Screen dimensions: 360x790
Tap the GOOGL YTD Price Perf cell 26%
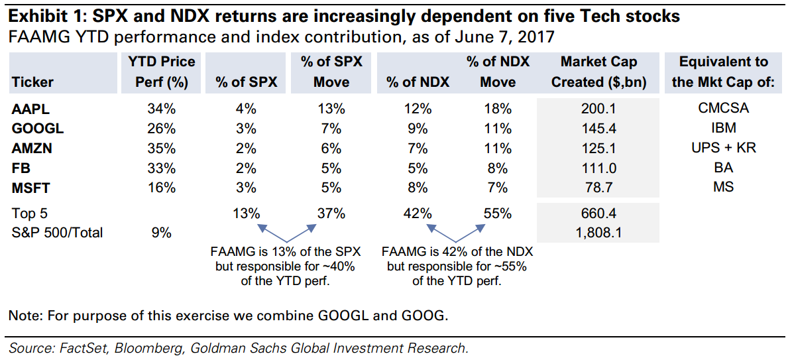click(x=162, y=128)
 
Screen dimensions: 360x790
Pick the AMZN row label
click(x=31, y=148)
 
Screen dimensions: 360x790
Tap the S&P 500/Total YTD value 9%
click(x=162, y=232)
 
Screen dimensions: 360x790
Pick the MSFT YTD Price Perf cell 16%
click(x=162, y=188)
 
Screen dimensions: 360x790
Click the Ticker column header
click(x=32, y=82)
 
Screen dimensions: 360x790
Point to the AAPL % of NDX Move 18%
click(x=497, y=108)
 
